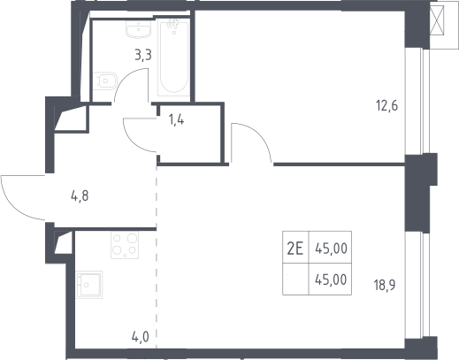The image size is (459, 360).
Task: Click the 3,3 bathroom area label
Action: pyautogui.click(x=143, y=55)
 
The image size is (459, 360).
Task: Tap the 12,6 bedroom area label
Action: pyautogui.click(x=386, y=105)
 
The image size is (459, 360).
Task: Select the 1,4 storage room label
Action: pyautogui.click(x=176, y=120)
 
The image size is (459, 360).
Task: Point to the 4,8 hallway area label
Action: pyautogui.click(x=80, y=195)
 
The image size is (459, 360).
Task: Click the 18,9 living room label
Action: pyautogui.click(x=385, y=285)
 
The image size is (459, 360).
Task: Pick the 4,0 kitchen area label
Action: pyautogui.click(x=140, y=337)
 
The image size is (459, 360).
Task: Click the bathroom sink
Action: pyautogui.click(x=139, y=29)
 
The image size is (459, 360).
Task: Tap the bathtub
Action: pyautogui.click(x=173, y=57)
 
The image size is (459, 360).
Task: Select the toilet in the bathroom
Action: pyautogui.click(x=105, y=81)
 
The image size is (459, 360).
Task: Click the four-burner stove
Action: pyautogui.click(x=125, y=245)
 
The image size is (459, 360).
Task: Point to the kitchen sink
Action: pyautogui.click(x=89, y=285)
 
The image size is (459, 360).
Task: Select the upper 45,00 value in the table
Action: pyautogui.click(x=331, y=249)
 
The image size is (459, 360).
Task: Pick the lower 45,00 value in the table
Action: pyautogui.click(x=331, y=280)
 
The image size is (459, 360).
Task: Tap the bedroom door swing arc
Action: pyautogui.click(x=259, y=135)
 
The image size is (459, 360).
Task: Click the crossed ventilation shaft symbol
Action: pyautogui.click(x=437, y=20)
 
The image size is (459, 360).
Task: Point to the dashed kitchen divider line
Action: pyautogui.click(x=157, y=257)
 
